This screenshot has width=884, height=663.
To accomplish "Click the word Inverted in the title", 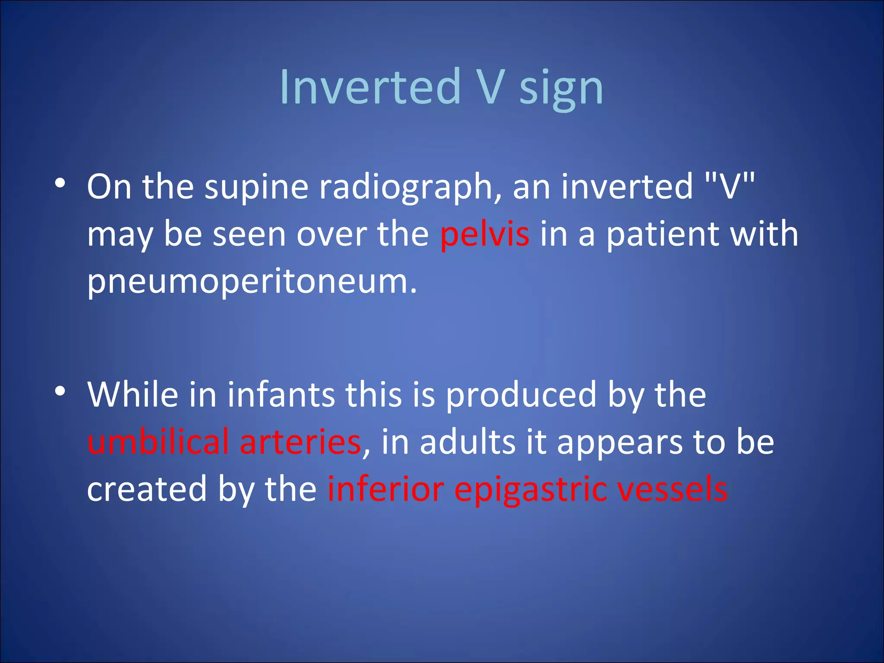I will [370, 87].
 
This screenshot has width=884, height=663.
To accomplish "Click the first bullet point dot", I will [60, 183].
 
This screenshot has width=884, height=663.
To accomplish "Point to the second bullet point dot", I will [60, 391].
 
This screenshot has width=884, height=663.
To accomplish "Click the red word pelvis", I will [484, 234].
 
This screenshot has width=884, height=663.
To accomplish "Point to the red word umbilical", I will [158, 442].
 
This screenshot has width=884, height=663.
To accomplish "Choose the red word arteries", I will [300, 442].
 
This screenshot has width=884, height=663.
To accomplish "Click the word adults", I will [467, 442].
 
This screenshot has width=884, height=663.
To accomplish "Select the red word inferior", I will [386, 489].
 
